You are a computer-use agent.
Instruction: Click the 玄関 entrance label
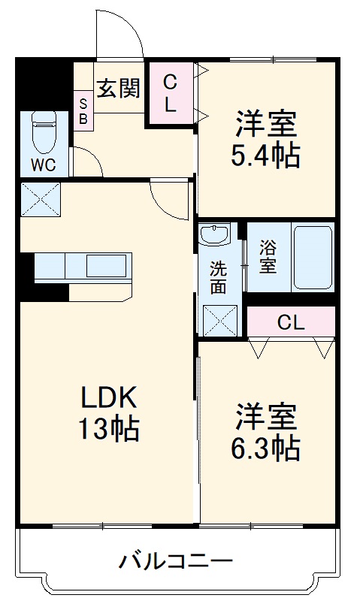pyautogui.click(x=119, y=88)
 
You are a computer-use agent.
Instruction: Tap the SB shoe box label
pyautogui.click(x=83, y=111)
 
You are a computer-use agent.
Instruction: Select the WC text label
pyautogui.click(x=44, y=166)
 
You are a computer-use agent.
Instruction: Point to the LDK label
pyautogui.click(x=107, y=397)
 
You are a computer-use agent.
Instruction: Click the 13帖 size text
pyautogui.click(x=107, y=428)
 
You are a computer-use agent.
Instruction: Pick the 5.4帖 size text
pyautogui.click(x=266, y=156)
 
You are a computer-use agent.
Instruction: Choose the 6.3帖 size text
pyautogui.click(x=266, y=448)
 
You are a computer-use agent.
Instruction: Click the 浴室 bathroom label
pyautogui.click(x=268, y=256)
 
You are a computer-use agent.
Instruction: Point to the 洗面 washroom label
pyautogui.click(x=218, y=276)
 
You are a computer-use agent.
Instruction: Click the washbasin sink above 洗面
pyautogui.click(x=218, y=235)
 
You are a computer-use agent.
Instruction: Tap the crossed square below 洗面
pyautogui.click(x=219, y=322)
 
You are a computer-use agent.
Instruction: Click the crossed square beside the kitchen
pyautogui.click(x=40, y=200)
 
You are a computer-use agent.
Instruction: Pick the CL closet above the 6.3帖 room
pyautogui.click(x=291, y=323)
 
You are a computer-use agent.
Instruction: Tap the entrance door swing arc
pyautogui.click(x=119, y=34)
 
